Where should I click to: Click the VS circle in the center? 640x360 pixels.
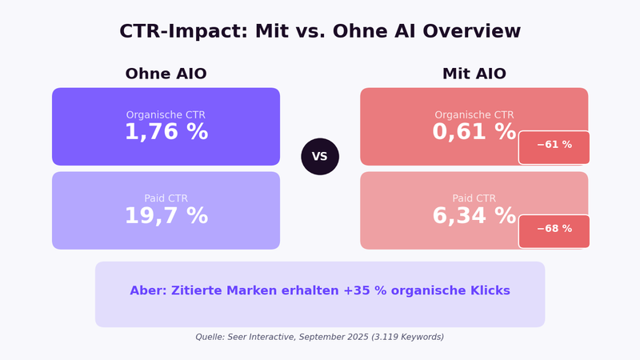pyautogui.click(x=320, y=157)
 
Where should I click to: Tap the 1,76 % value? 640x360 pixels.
pyautogui.click(x=166, y=133)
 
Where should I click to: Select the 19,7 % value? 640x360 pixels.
pyautogui.click(x=166, y=217)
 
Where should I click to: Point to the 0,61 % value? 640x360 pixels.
pyautogui.click(x=474, y=133)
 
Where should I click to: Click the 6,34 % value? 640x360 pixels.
pyautogui.click(x=474, y=217)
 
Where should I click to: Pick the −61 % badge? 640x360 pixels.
pyautogui.click(x=554, y=146)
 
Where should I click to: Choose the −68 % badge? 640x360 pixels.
pyautogui.click(x=554, y=230)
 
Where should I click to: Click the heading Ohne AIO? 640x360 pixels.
pyautogui.click(x=166, y=74)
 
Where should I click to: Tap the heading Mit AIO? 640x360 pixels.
pyautogui.click(x=474, y=74)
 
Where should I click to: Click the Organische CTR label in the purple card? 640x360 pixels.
pyautogui.click(x=166, y=115)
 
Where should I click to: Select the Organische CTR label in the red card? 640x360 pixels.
pyautogui.click(x=474, y=115)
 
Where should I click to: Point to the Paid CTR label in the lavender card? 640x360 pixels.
pyautogui.click(x=166, y=198)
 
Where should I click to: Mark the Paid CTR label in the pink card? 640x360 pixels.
pyautogui.click(x=474, y=198)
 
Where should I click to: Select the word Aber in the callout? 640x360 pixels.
pyautogui.click(x=149, y=291)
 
